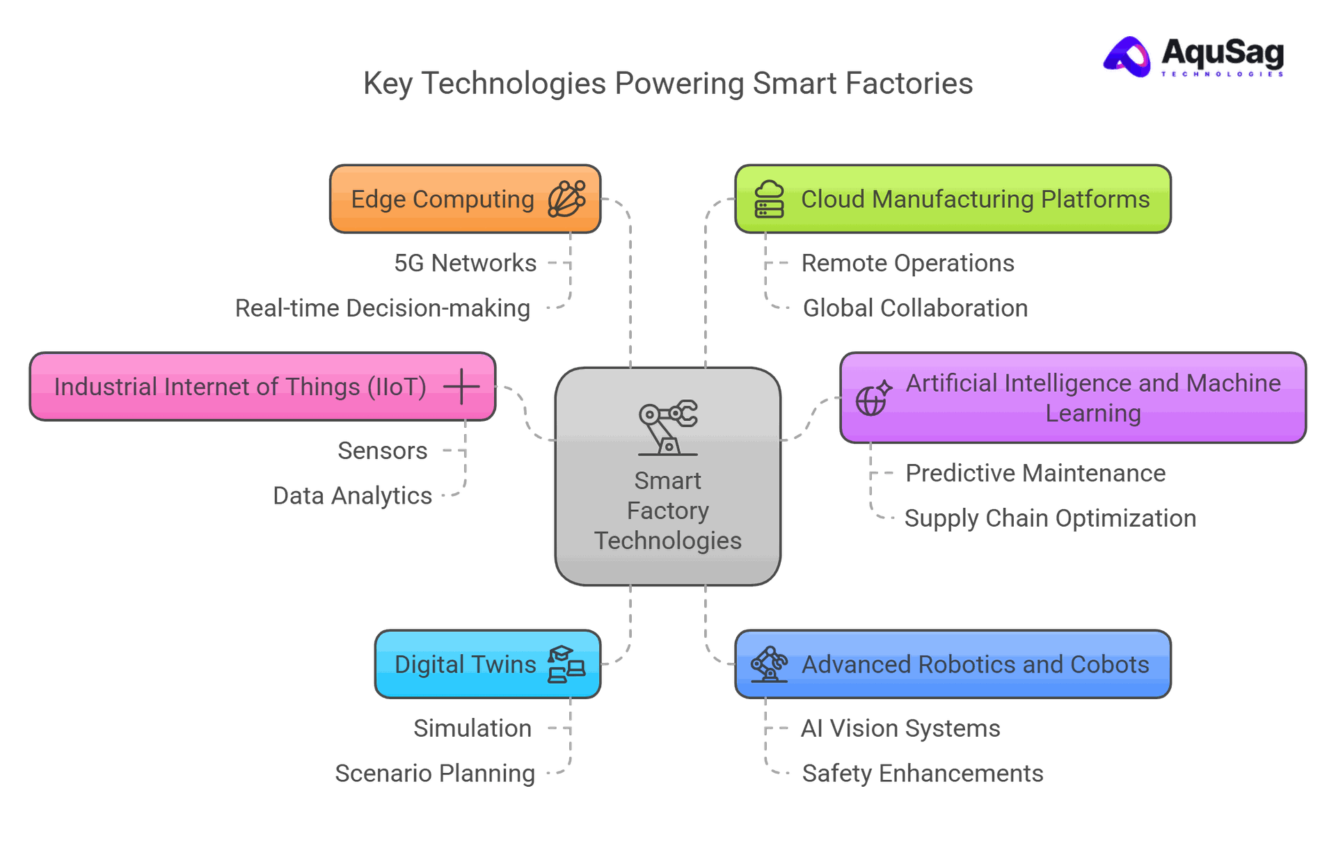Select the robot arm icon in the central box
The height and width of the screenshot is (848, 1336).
click(x=668, y=427)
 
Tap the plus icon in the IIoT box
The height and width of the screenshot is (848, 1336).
click(x=461, y=386)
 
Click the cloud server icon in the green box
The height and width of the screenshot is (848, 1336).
click(x=769, y=199)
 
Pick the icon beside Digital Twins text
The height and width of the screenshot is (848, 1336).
click(x=566, y=664)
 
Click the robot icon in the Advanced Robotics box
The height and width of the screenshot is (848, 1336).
click(x=769, y=664)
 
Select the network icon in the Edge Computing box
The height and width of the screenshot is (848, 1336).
click(x=566, y=199)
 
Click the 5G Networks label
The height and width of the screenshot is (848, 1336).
click(x=466, y=263)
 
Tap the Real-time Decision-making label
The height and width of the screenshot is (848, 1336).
click(x=383, y=308)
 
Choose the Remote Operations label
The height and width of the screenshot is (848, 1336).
click(x=907, y=263)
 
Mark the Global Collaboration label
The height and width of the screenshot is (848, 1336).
click(x=915, y=308)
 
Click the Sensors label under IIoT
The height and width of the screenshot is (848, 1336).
click(x=382, y=451)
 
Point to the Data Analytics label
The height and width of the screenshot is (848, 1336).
click(x=352, y=496)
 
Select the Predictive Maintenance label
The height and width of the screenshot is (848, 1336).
click(x=1035, y=474)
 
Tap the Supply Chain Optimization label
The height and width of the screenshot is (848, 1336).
click(x=1049, y=518)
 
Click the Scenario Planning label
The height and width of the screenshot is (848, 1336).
click(x=435, y=774)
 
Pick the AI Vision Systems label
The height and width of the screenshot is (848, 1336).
click(x=900, y=728)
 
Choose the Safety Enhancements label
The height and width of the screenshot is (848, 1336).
click(x=923, y=774)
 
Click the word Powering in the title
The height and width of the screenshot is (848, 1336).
click(x=679, y=83)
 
